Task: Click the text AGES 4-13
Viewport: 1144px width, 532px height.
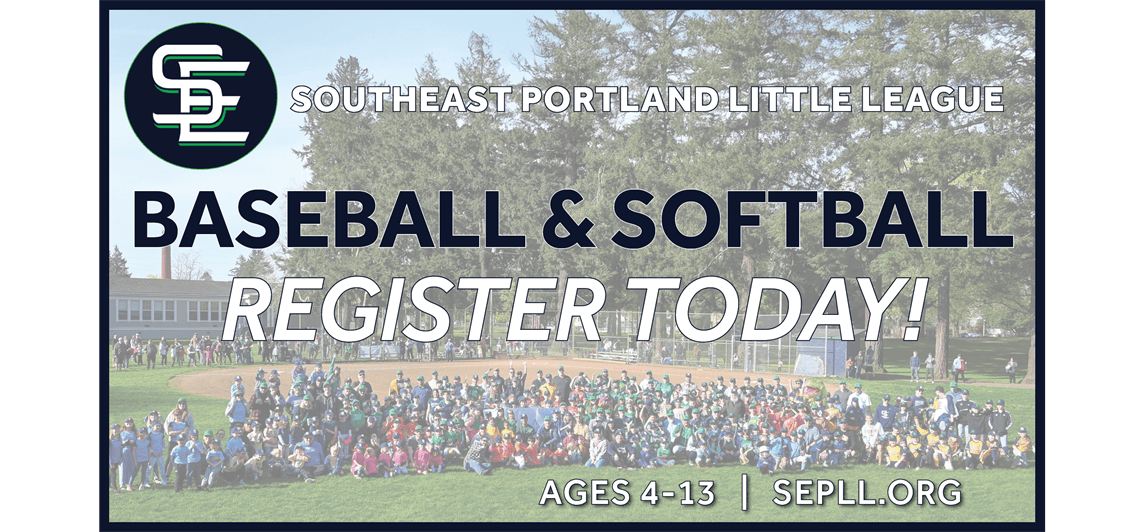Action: [x=627, y=491]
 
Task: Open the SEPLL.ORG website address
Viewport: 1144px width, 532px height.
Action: [x=867, y=491]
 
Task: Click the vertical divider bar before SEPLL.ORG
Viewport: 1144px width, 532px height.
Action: [x=743, y=491]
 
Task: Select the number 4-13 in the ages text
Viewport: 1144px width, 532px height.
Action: [x=681, y=491]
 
